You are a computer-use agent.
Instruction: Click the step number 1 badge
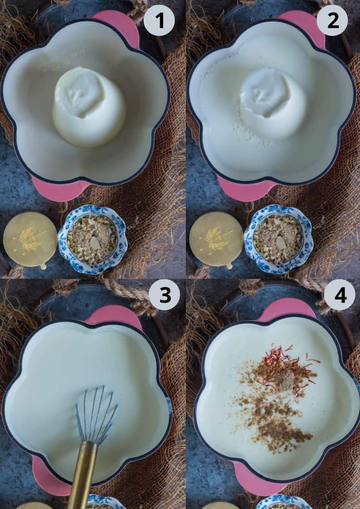click(159, 20)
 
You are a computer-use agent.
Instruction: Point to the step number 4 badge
click(340, 295)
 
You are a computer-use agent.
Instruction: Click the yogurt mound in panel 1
click(89, 107)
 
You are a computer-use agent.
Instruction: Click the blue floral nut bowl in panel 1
click(93, 240)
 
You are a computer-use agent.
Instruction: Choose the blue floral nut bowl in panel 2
click(278, 240)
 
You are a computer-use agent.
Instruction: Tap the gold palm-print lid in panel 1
click(30, 240)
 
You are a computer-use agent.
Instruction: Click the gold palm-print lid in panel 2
click(217, 240)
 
